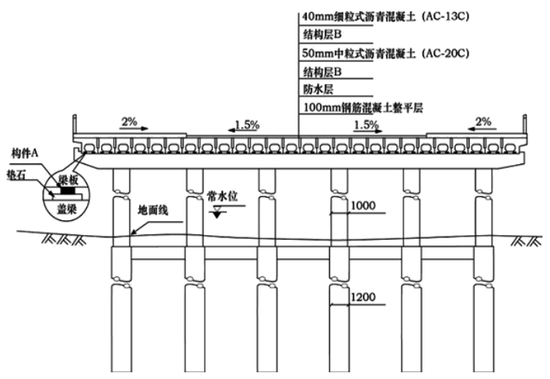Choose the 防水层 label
pyautogui.click(x=318, y=89)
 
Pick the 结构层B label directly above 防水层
pyautogui.click(x=322, y=72)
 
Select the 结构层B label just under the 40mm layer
pyautogui.click(x=322, y=35)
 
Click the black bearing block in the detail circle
pyautogui.click(x=69, y=189)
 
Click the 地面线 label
pyautogui.click(x=154, y=210)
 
